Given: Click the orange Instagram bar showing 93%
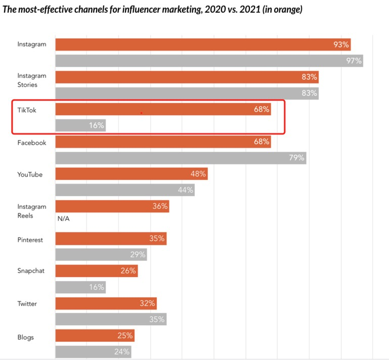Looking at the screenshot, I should click(202, 44).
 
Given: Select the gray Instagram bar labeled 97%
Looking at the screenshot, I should click(208, 61).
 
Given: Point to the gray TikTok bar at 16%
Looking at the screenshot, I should click(80, 125).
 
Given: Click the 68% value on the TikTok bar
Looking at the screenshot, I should click(262, 109).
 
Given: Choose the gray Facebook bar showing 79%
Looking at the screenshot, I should click(180, 157).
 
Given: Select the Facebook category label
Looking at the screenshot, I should click(31, 143).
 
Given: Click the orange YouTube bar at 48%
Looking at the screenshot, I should click(131, 174).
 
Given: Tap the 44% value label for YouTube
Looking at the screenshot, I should click(185, 190).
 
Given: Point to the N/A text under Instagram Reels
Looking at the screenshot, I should click(63, 219).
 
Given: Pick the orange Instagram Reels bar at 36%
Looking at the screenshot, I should click(112, 206).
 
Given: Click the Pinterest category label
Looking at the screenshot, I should click(30, 240).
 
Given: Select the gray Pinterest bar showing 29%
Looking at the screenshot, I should click(101, 254).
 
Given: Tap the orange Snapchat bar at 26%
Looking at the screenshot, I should click(96, 271).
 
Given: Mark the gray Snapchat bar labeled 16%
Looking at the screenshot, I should click(80, 287).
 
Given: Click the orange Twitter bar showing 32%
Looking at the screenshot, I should click(106, 303).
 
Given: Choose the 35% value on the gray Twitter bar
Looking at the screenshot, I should click(157, 319).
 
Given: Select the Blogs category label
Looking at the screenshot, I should click(25, 336).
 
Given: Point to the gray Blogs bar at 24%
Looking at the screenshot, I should click(93, 351).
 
